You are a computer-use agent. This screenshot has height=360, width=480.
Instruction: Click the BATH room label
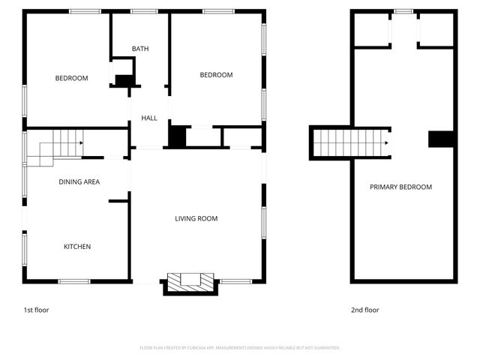[140, 49]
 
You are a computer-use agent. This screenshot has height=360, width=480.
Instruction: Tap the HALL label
[149, 118]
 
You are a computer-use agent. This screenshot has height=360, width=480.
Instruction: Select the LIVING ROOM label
[196, 219]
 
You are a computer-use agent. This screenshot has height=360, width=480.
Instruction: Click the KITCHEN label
[76, 247]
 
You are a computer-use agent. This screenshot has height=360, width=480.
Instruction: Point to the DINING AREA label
[79, 182]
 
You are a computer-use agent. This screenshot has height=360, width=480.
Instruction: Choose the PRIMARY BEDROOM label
[400, 187]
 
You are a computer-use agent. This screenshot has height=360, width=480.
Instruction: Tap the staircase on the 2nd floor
[349, 142]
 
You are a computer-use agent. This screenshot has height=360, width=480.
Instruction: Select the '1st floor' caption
[36, 310]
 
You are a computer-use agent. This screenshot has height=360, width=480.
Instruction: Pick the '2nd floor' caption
[365, 310]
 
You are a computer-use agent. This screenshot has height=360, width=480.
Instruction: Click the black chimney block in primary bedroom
[442, 139]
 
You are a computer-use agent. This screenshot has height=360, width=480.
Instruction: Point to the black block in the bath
[124, 80]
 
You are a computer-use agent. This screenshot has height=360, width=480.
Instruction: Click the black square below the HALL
[177, 136]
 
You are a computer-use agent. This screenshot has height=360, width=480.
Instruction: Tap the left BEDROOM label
[72, 79]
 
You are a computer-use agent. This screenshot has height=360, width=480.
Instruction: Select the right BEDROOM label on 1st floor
[216, 75]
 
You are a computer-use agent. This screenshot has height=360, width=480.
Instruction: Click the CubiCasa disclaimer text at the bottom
[240, 348]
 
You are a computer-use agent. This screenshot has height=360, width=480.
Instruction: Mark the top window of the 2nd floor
[403, 11]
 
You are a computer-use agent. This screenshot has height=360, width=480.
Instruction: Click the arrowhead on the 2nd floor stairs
[386, 142]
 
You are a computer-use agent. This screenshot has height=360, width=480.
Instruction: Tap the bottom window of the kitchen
[74, 281]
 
